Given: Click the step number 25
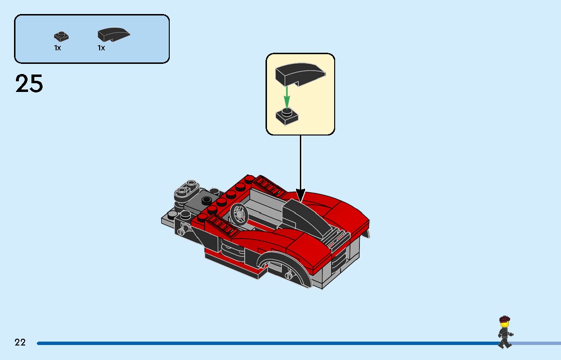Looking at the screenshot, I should pos(30,84).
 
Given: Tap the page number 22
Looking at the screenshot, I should pos(20,343).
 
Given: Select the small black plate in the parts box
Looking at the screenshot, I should pos(60,36).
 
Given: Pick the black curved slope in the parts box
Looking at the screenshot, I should pos(114,35).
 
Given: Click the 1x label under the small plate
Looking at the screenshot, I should pos(58,48).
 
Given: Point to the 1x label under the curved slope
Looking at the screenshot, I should pos(101,48).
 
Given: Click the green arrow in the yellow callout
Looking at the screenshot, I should pos(287,97).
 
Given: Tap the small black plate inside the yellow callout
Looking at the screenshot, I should pos(287,116).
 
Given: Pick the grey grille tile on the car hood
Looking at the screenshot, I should pos(336,238).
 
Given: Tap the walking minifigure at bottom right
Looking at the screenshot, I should pos(504,332).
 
